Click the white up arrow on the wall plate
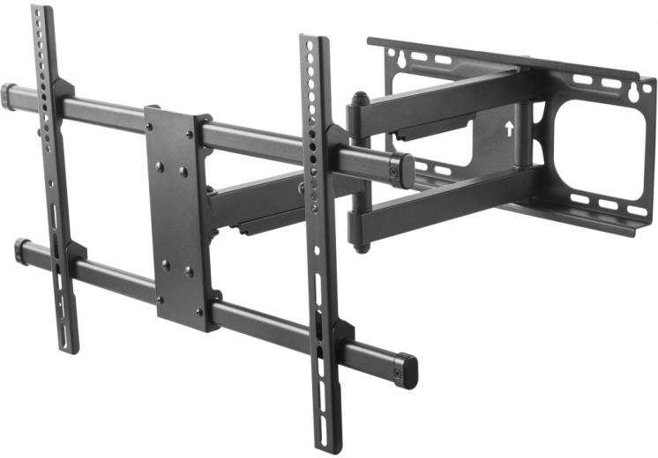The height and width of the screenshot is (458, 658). tap(509, 126)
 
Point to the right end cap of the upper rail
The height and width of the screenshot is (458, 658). tap(405, 171)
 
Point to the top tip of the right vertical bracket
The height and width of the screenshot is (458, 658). tap(310, 41)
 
